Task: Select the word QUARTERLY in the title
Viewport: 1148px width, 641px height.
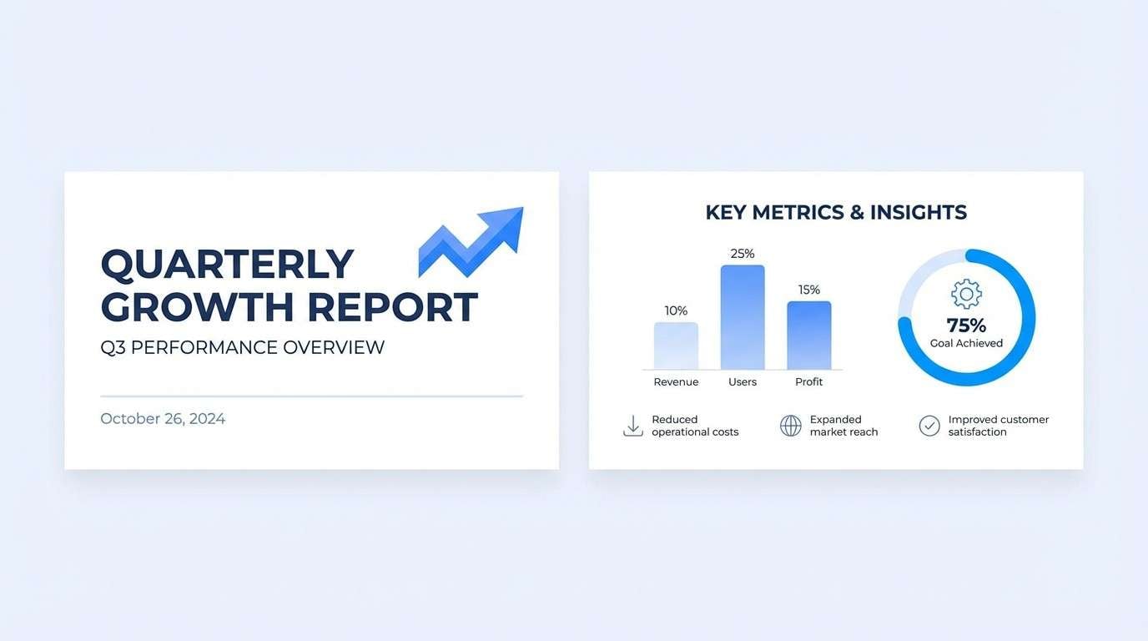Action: pyautogui.click(x=227, y=264)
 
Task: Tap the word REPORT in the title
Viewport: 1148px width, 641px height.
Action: pyautogui.click(x=392, y=307)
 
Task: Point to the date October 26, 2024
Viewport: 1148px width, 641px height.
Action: pyautogui.click(x=163, y=419)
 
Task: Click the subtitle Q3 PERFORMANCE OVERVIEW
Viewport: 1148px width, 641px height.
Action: pyautogui.click(x=242, y=347)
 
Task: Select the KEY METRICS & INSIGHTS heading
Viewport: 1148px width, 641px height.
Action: pyautogui.click(x=836, y=212)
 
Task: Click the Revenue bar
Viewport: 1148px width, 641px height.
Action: pyautogui.click(x=676, y=346)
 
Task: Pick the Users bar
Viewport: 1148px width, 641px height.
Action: pyautogui.click(x=743, y=317)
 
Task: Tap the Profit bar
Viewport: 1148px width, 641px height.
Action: pyautogui.click(x=809, y=335)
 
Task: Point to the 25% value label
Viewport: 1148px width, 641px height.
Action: pyautogui.click(x=743, y=254)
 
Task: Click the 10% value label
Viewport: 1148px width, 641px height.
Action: pyautogui.click(x=676, y=311)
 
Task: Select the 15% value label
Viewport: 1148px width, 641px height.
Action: pyautogui.click(x=809, y=290)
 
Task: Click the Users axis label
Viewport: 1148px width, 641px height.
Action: pyautogui.click(x=743, y=382)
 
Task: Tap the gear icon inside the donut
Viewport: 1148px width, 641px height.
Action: pyautogui.click(x=966, y=294)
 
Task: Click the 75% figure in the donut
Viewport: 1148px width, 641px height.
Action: pyautogui.click(x=966, y=326)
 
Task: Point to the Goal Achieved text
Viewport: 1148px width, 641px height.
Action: pyautogui.click(x=966, y=343)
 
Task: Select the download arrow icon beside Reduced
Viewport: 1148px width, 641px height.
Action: pyautogui.click(x=633, y=426)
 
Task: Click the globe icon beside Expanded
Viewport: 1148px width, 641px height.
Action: pyautogui.click(x=790, y=426)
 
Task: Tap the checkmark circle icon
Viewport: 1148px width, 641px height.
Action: pyautogui.click(x=929, y=426)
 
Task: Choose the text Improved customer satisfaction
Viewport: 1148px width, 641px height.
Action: pyautogui.click(x=998, y=426)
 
